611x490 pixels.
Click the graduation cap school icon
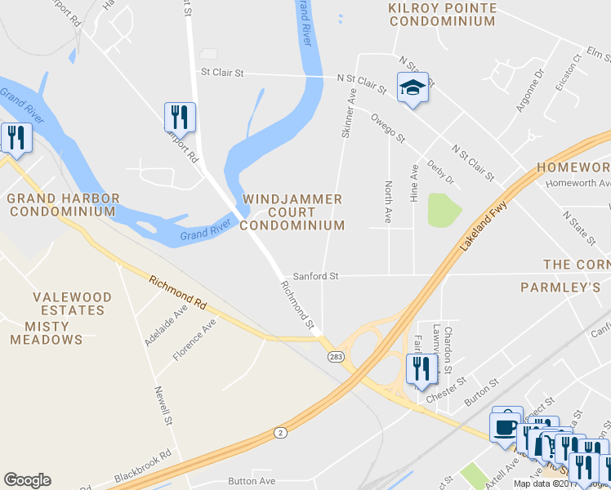tap(413, 88)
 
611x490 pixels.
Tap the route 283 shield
tap(336, 357)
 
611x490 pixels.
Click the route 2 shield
tap(281, 431)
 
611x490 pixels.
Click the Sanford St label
tap(315, 276)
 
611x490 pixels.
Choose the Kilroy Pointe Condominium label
tap(442, 15)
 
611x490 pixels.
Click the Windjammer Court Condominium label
tap(293, 212)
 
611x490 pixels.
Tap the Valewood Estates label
tap(69, 304)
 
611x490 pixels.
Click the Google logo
tap(27, 480)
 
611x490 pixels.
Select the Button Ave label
tap(252, 482)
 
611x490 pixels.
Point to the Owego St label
tap(388, 129)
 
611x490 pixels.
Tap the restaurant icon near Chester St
tap(421, 368)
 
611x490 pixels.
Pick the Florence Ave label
tap(194, 340)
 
